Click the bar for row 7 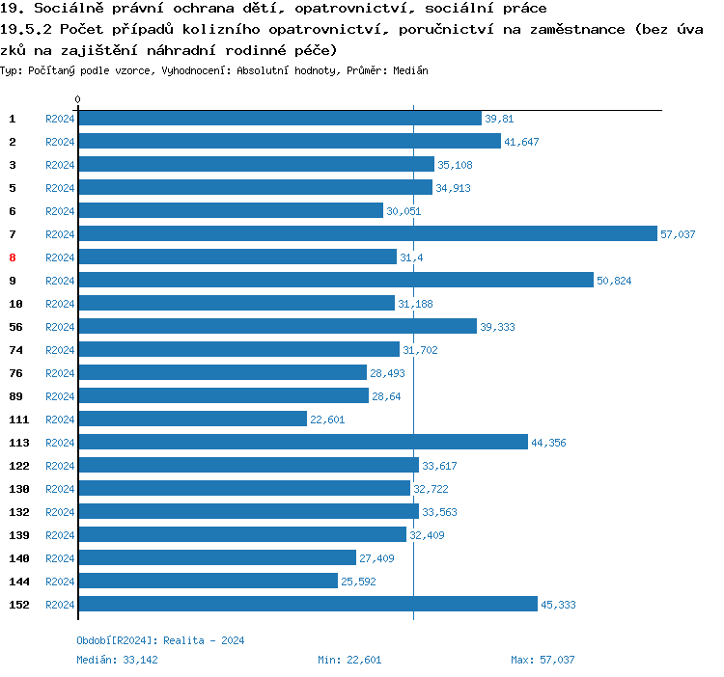367,234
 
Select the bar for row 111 192,420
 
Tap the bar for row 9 335,281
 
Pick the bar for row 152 307,605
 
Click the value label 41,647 521,142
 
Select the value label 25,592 358,582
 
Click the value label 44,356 548,443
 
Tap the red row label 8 13,257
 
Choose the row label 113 19,443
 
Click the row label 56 15,327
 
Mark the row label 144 19,582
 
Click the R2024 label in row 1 60,119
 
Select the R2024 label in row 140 60,558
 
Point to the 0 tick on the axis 78,100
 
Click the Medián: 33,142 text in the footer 117,660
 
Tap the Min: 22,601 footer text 349,660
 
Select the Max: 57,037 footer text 543,660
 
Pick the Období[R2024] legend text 117,640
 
